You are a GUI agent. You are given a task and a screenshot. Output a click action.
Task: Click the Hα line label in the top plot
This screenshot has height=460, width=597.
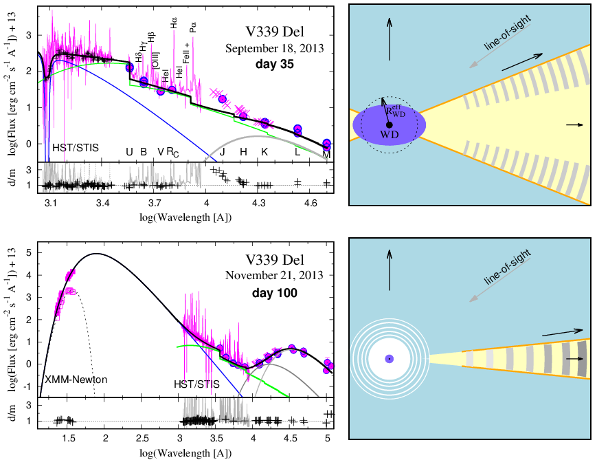[174, 23]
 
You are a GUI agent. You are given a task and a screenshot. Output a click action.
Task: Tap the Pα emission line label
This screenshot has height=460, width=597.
[192, 27]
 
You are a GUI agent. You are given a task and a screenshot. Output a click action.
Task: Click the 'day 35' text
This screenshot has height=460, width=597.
[275, 64]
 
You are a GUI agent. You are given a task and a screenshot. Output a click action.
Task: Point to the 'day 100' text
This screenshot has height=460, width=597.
[275, 293]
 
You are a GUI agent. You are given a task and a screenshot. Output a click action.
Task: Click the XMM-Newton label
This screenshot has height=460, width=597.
[76, 379]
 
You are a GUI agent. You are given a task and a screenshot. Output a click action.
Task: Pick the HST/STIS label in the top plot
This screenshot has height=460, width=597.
[76, 148]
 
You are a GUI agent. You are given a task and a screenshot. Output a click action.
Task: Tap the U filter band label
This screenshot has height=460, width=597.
[129, 152]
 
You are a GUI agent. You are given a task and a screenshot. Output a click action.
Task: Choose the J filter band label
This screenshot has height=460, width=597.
[223, 152]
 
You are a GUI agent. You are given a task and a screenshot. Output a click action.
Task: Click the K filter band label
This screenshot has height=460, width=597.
[264, 152]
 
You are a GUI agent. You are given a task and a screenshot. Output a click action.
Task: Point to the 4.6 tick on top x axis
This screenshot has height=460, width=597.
[311, 203]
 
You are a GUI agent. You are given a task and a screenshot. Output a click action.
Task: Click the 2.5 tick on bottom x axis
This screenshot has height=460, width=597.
[142, 438]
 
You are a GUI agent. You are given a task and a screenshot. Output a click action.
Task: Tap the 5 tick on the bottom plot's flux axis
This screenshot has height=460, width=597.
[29, 252]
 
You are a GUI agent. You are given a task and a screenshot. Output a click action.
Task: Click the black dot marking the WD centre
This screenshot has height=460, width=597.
[389, 124]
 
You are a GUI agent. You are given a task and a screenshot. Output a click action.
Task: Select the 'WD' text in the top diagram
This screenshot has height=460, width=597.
[389, 134]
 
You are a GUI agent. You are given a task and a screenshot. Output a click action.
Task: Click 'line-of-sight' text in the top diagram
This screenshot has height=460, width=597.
[507, 33]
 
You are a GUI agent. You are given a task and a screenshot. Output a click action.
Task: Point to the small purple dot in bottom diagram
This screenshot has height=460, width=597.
[389, 359]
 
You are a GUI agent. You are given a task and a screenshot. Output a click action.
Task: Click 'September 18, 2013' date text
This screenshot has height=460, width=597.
[275, 48]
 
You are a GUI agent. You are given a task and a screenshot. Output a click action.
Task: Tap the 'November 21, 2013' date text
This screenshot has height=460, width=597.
[275, 275]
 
